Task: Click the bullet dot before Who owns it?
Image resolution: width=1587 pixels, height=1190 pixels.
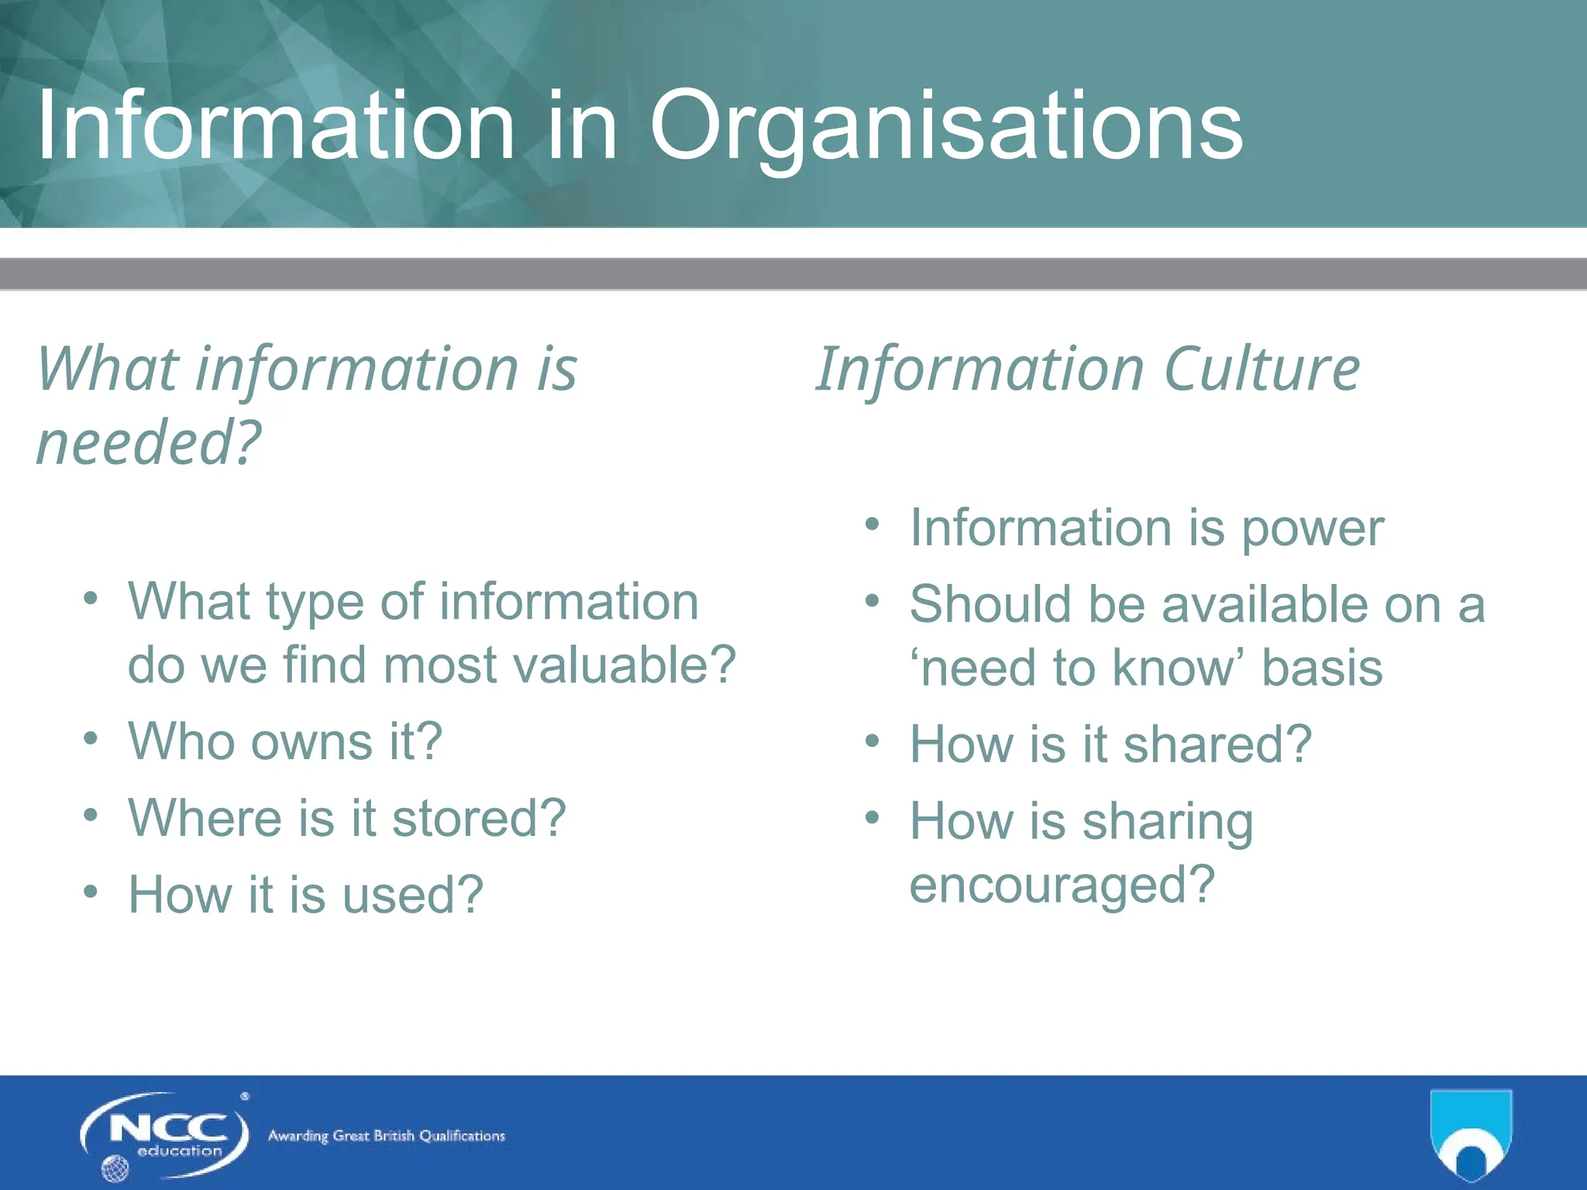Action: point(91,738)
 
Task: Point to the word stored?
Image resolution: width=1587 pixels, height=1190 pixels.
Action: point(479,818)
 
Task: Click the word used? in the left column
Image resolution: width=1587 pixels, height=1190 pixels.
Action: point(412,895)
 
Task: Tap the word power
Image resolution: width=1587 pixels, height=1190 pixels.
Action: point(1312,529)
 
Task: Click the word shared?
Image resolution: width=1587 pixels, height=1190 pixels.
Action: point(1217,745)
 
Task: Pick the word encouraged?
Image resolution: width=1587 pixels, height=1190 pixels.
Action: point(1062,885)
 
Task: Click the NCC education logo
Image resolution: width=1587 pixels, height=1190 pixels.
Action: point(164,1136)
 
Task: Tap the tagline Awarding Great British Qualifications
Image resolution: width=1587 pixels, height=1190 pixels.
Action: point(386,1136)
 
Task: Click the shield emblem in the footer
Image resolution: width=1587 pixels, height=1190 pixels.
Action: point(1470,1134)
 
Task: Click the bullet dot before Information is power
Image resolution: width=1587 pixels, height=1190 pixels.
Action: point(873,524)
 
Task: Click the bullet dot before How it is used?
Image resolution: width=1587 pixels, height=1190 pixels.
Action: point(91,892)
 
